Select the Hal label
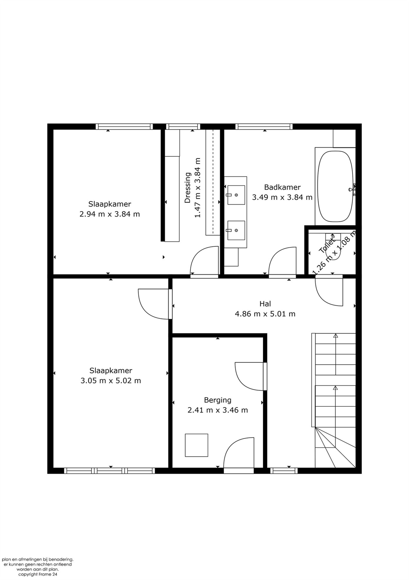pyautogui.click(x=265, y=303)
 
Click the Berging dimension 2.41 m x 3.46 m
pyautogui.click(x=217, y=410)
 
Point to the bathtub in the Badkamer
pyautogui.click(x=335, y=186)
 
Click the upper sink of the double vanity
pyautogui.click(x=236, y=195)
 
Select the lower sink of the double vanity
pyautogui.click(x=236, y=230)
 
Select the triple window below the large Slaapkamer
pyautogui.click(x=109, y=470)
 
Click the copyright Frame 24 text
pyautogui.click(x=38, y=574)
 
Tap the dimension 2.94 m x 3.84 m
pyautogui.click(x=109, y=214)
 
